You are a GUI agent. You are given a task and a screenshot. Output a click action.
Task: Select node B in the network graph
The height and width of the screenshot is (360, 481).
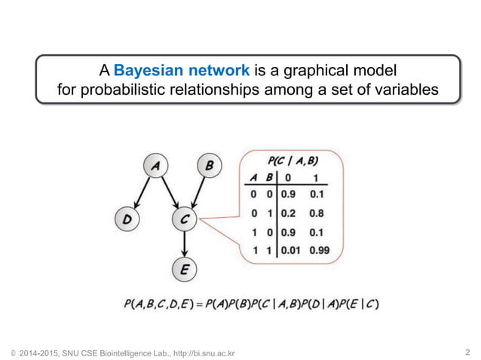tap(209, 166)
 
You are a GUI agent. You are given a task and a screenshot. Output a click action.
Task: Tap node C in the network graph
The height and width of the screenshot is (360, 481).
tap(184, 219)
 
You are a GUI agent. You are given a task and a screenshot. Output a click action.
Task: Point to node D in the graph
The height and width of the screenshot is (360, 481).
tap(128, 219)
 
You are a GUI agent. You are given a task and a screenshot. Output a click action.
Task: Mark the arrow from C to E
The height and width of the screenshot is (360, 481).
tap(184, 243)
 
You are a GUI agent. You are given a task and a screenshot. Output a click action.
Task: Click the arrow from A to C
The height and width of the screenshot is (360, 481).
tap(170, 193)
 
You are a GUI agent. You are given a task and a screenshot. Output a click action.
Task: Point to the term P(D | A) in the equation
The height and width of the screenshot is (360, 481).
tap(315, 304)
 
